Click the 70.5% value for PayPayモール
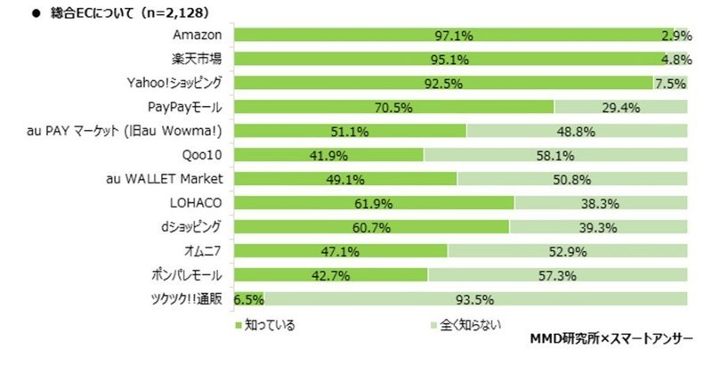coord(393,107)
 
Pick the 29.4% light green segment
coord(621,107)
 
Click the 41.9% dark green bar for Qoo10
coord(328,153)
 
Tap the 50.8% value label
coord(571,177)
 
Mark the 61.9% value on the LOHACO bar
coord(374,200)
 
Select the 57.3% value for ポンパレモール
coord(557,272)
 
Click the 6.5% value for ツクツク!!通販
coord(247,297)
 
